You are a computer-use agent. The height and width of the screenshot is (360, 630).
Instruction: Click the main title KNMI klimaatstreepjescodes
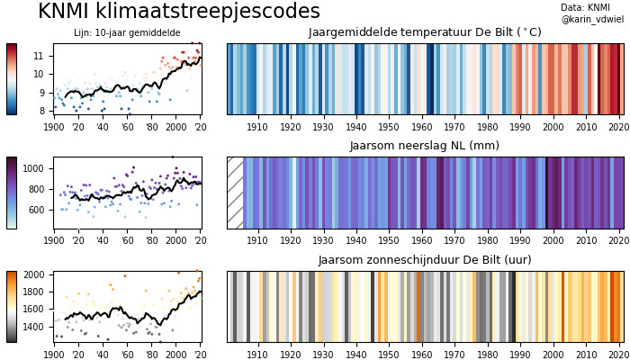tap(179, 12)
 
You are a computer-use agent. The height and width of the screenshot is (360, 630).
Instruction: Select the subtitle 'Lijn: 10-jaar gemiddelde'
tap(127, 33)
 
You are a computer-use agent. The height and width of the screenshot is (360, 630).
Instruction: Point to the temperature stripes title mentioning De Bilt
tap(425, 32)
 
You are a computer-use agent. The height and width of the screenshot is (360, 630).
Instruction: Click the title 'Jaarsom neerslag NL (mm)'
tap(425, 146)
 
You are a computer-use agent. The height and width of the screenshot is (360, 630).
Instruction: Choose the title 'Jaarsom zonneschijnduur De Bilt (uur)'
tap(425, 260)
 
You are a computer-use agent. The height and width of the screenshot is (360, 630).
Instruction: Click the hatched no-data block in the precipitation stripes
tap(236, 193)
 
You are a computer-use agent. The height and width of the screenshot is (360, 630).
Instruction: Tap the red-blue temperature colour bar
tap(12, 79)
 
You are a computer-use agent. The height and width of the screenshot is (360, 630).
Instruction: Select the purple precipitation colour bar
tap(12, 193)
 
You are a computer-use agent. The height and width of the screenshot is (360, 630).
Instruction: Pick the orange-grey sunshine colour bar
tap(12, 307)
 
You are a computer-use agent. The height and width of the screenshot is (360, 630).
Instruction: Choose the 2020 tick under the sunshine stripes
tap(616, 355)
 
